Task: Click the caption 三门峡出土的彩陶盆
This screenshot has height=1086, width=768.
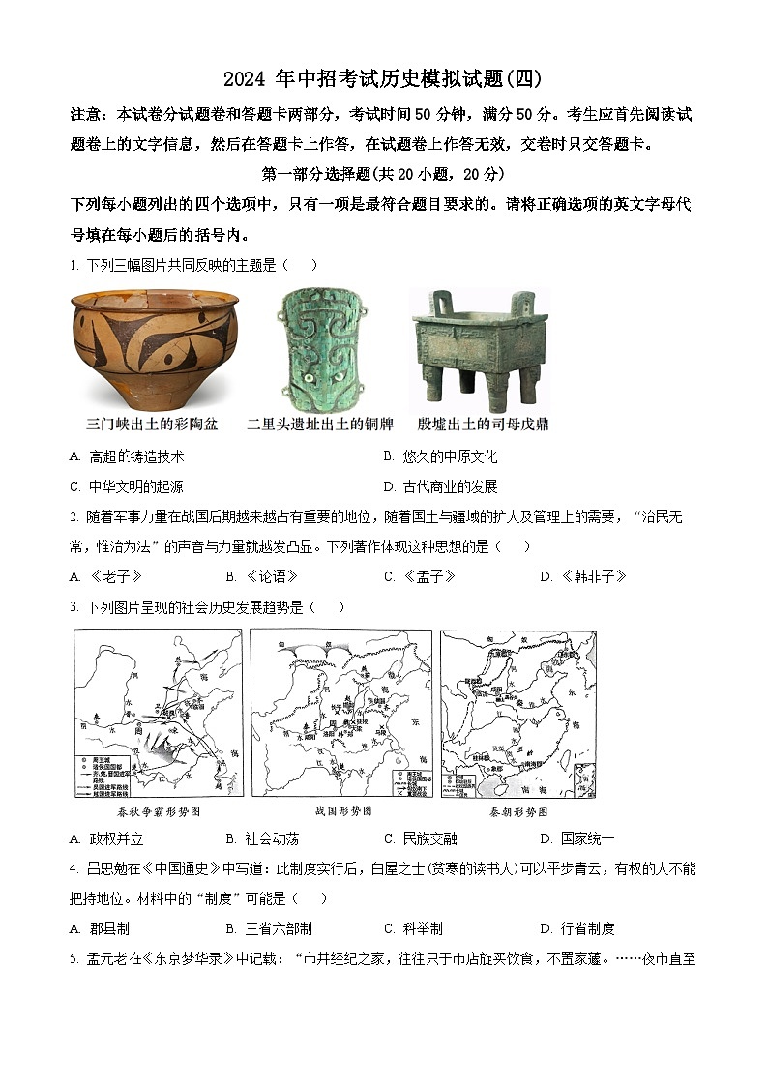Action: pyautogui.click(x=152, y=424)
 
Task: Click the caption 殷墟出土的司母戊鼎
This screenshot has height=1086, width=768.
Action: pyautogui.click(x=483, y=424)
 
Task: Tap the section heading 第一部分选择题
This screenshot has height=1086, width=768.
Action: pyautogui.click(x=383, y=174)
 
